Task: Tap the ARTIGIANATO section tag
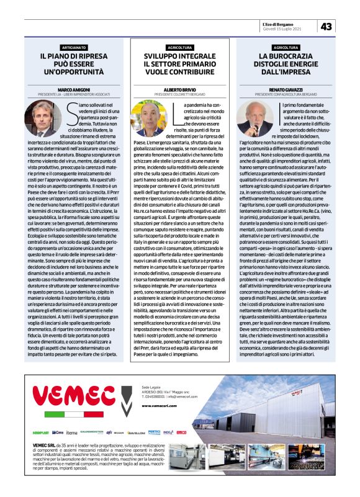pos(74,47)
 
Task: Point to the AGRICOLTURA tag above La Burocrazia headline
pos(286,47)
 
